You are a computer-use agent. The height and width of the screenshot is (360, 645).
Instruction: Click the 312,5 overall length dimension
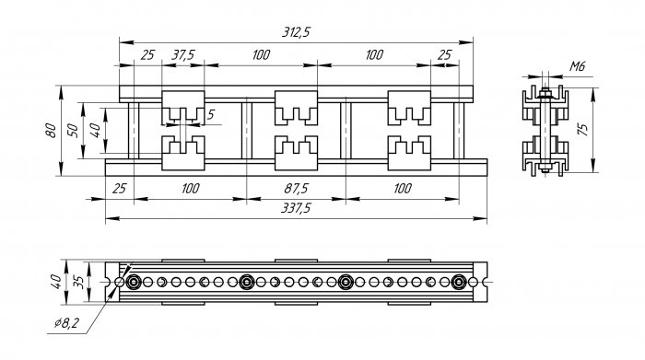[x=296, y=32]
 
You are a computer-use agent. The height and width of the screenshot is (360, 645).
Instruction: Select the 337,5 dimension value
[x=296, y=208]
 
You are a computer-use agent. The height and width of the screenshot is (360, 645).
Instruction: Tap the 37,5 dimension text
[x=182, y=54]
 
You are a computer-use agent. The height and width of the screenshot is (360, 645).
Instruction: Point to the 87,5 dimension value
[x=296, y=189]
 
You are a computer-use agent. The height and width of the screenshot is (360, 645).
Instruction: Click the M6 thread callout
[x=577, y=66]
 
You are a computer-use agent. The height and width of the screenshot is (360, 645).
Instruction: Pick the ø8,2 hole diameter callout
[x=66, y=323]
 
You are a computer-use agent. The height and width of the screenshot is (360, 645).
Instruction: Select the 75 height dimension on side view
[x=582, y=130]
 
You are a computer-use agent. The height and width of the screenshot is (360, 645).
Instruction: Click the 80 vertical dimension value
[x=51, y=130]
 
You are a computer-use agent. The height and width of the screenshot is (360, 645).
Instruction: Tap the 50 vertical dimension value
[x=73, y=130]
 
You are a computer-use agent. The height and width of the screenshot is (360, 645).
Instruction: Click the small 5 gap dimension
[x=211, y=115]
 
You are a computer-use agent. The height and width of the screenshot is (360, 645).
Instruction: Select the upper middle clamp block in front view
[x=296, y=108]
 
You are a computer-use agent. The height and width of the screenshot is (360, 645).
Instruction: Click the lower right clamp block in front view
[x=409, y=153]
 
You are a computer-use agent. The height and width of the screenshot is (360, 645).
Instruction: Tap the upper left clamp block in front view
[x=183, y=108]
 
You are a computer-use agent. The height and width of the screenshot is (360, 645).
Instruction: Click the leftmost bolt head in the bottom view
[x=134, y=282]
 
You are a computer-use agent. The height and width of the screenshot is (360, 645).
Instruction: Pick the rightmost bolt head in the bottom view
[x=458, y=282]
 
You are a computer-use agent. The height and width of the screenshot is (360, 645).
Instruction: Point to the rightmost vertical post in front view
[x=459, y=131]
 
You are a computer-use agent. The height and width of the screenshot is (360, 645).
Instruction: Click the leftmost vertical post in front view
[x=134, y=131]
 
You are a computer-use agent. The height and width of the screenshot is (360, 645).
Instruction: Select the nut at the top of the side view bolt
[x=545, y=94]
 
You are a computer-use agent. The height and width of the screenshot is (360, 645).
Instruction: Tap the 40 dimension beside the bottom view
[x=56, y=282]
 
